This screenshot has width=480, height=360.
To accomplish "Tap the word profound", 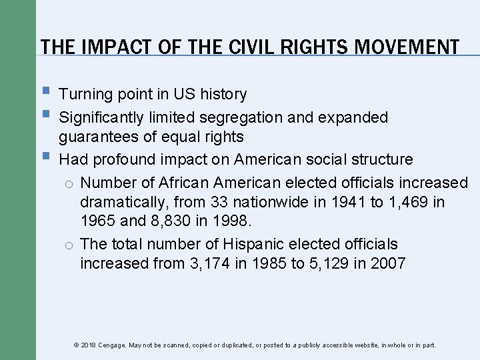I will tap(123, 160).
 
